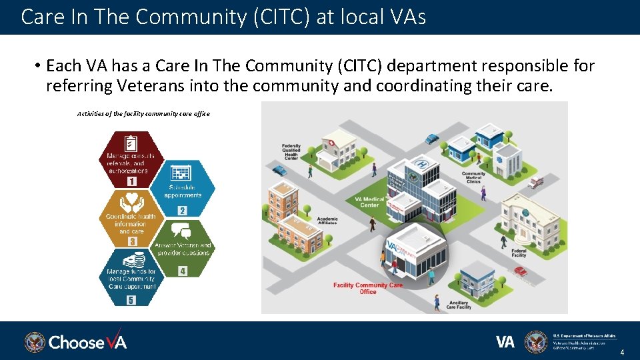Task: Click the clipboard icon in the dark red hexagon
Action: (x=131, y=143)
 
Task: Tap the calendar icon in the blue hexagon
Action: (x=181, y=173)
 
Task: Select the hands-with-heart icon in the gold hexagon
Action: (x=131, y=201)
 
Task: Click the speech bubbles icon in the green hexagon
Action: (x=181, y=231)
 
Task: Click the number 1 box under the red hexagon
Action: (x=131, y=181)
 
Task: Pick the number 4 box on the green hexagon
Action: (x=182, y=271)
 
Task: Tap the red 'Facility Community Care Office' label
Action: (x=368, y=288)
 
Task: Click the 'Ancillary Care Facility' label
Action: (x=459, y=305)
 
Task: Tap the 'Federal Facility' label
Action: (x=519, y=252)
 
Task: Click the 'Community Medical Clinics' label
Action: (x=473, y=177)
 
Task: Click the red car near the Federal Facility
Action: (x=520, y=271)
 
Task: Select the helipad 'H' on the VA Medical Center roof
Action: (x=421, y=164)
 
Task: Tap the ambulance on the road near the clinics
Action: (x=535, y=182)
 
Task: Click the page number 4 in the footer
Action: (x=622, y=352)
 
